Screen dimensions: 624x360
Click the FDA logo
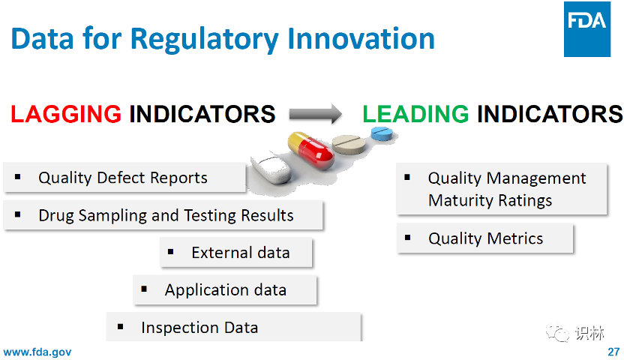pyautogui.click(x=587, y=29)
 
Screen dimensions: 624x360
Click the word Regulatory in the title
pyautogui.click(x=204, y=40)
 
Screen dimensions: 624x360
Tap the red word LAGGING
pyautogui.click(x=66, y=114)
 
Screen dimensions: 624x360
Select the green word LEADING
pyautogui.click(x=415, y=114)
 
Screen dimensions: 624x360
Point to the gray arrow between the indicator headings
pyautogui.click(x=315, y=114)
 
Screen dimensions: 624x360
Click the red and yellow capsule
pyautogui.click(x=310, y=151)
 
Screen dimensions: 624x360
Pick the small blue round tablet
pyautogui.click(x=382, y=133)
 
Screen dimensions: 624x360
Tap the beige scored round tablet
pyautogui.click(x=349, y=144)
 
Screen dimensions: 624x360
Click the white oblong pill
pyautogui.click(x=272, y=169)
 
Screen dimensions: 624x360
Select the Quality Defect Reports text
pyautogui.click(x=122, y=178)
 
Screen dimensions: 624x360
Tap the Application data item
pyautogui.click(x=226, y=290)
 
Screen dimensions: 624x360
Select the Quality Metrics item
pyautogui.click(x=485, y=238)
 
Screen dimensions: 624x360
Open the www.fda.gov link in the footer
pyautogui.click(x=37, y=352)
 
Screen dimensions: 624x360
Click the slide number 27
pyautogui.click(x=613, y=352)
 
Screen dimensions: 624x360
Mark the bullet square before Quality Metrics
pyautogui.click(x=407, y=238)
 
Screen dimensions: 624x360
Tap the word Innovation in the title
pyautogui.click(x=361, y=39)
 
